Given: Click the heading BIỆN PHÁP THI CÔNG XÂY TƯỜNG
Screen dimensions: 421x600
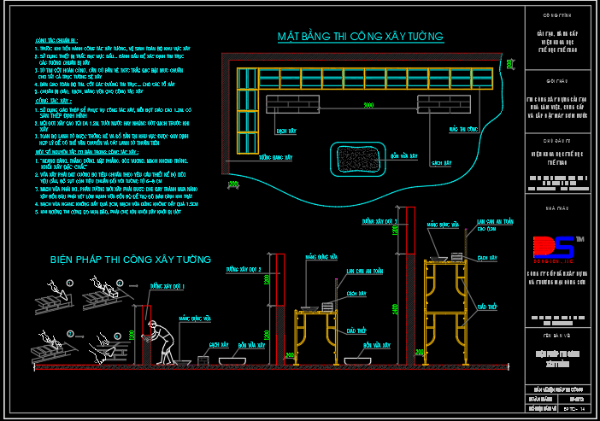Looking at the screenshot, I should (x=131, y=259).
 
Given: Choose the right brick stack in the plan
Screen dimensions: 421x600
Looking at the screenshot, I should (x=436, y=104).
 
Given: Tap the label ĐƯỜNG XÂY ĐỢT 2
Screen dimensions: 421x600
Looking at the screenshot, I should (x=243, y=269).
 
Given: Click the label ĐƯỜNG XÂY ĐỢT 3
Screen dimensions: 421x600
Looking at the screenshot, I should (x=380, y=221).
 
